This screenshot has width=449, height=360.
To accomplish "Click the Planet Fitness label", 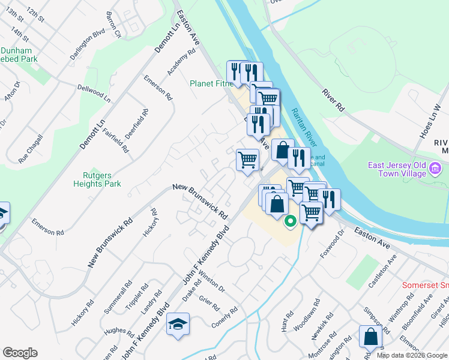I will [211, 83].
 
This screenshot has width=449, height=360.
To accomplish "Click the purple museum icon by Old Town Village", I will [436, 173].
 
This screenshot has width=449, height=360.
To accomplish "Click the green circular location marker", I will [290, 221].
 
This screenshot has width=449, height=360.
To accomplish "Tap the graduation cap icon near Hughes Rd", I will [178, 323].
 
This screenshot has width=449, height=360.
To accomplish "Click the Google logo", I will [20, 353].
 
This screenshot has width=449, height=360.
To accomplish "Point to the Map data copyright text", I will [412, 355].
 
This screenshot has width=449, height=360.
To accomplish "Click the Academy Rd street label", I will [182, 62].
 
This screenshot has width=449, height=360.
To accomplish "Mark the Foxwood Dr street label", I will [330, 245].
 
